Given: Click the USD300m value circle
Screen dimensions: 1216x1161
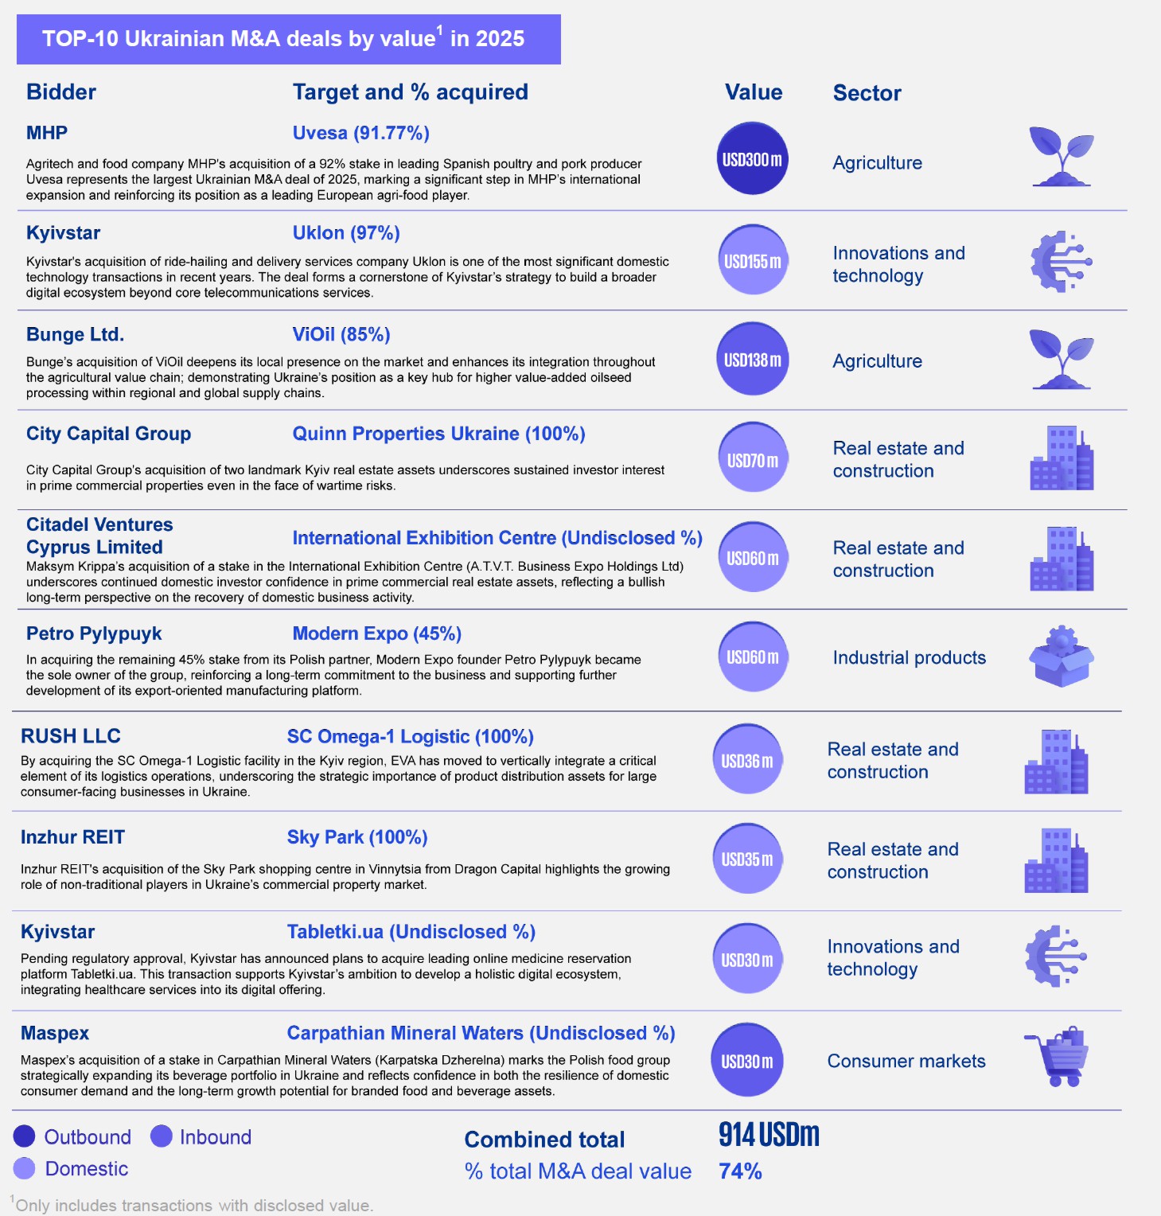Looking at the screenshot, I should (752, 159).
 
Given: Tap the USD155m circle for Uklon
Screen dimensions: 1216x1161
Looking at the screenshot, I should (752, 260).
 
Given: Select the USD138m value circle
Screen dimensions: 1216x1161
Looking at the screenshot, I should (752, 360).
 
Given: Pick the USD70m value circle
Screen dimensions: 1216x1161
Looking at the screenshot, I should (752, 459).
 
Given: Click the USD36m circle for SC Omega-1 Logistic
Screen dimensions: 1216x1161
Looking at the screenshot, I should (746, 760).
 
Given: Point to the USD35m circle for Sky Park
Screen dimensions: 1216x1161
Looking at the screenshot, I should (746, 859).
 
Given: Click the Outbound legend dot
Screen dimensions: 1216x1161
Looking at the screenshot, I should (25, 1136).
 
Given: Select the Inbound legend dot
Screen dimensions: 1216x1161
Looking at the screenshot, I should (162, 1136).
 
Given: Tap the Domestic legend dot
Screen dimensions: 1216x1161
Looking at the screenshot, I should (25, 1168).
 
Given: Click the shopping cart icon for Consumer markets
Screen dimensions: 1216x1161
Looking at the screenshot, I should (1058, 1057).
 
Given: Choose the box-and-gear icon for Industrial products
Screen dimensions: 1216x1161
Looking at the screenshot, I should (1062, 657).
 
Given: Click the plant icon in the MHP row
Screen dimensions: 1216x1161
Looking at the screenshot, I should (1062, 157).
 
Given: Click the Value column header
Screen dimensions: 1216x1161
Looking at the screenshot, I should (753, 92).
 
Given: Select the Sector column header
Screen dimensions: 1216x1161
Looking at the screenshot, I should (867, 93).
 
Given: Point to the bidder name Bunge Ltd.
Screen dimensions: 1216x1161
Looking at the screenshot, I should (75, 334).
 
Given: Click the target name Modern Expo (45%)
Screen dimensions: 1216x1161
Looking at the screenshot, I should (376, 633).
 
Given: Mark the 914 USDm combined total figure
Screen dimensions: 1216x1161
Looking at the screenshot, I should (769, 1135).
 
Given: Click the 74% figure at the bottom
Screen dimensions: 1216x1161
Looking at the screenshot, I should (740, 1171).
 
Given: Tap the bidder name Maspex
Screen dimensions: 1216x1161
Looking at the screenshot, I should (55, 1033).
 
